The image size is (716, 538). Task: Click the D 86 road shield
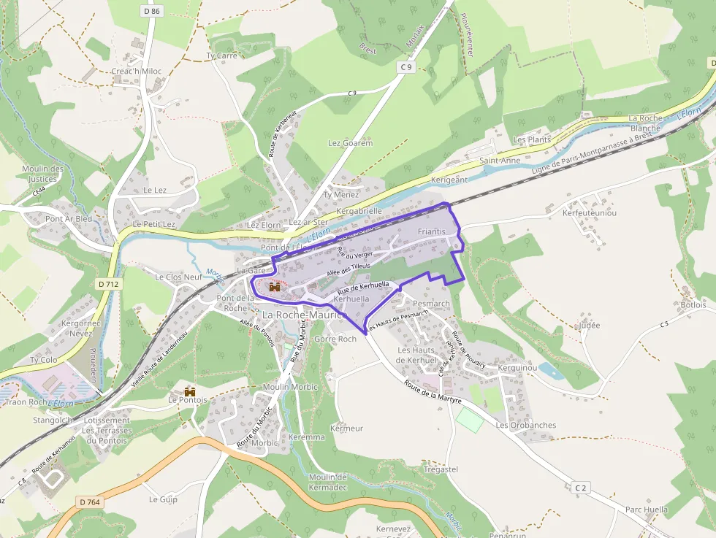coord(152,11)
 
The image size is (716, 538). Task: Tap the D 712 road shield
coord(108,283)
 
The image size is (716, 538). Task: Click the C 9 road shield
coord(406,67)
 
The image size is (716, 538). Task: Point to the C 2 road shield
coord(581,487)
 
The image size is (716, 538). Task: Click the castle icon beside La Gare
coord(275,287)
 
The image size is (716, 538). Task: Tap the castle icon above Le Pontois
coord(190,391)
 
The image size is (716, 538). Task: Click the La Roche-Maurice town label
coord(302,315)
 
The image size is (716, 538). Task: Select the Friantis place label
coord(431,231)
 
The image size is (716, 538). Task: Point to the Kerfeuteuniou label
coord(589,212)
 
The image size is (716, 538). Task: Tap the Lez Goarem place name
coord(351,143)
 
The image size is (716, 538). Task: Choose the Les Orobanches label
coord(526,425)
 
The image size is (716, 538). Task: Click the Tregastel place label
coord(441,469)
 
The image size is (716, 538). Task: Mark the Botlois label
coord(693,304)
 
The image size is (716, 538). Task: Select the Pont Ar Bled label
coord(69,218)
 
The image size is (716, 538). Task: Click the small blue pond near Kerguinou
coord(551,371)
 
